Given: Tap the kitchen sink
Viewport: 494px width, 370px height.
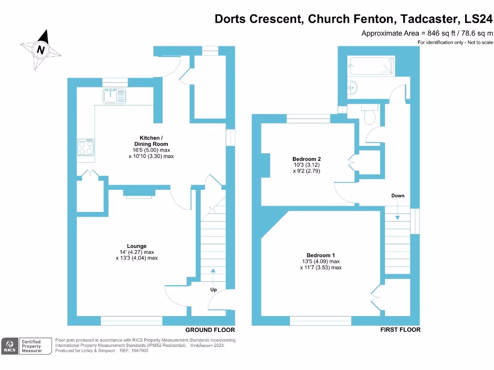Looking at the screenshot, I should click(114, 95).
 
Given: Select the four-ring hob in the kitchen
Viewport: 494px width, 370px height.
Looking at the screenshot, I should click(86, 147).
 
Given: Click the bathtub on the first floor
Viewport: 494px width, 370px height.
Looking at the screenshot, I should click(372, 66).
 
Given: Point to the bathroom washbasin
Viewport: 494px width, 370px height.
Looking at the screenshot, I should click(353, 88).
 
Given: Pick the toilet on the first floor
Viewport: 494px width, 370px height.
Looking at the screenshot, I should click(371, 116).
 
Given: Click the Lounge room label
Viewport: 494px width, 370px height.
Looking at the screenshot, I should click(137, 246).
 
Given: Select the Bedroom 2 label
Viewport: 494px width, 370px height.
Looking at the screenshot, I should click(306, 159).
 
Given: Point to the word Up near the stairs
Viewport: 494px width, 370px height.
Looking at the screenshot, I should click(213, 290).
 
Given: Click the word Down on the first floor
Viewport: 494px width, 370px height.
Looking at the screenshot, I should click(398, 196).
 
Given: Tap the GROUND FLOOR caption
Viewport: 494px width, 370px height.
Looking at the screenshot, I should click(210, 330).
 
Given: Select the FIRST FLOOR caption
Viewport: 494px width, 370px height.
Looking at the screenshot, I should click(400, 330).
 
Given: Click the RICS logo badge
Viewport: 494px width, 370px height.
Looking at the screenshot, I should click(9, 346).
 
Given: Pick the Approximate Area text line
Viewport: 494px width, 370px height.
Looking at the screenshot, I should click(427, 33).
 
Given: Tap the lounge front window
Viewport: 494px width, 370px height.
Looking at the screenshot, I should click(131, 320).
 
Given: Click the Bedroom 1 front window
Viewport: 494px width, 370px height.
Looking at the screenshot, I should click(320, 320).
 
